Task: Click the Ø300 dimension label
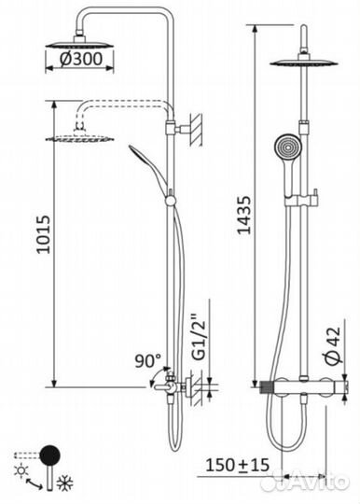coord(81,59)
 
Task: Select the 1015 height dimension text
coord(43,234)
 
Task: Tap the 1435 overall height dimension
coord(243,215)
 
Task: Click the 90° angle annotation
coord(148,360)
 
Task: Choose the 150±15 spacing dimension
coord(237,465)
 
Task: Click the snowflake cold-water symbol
coord(65,482)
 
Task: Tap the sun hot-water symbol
coord(21,470)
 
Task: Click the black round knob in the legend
coord(49,455)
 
